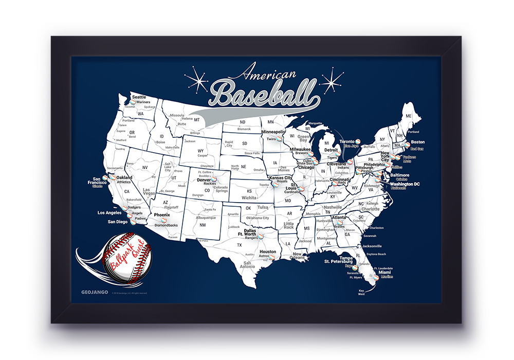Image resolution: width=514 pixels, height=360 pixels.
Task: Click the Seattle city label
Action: click(x=139, y=97)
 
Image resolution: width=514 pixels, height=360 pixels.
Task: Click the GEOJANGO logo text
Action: click(x=92, y=293)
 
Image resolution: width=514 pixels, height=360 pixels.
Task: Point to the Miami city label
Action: click(x=384, y=272)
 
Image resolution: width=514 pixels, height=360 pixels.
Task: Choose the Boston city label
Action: click(x=418, y=142)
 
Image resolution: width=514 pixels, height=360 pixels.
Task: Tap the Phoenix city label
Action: click(x=162, y=214)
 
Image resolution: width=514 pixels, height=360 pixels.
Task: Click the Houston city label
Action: click(x=268, y=251)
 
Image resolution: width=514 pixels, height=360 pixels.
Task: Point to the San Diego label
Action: click(x=117, y=222)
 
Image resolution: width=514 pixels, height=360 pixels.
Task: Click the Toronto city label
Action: click(x=348, y=141)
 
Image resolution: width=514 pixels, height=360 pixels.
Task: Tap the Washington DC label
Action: click(x=405, y=184)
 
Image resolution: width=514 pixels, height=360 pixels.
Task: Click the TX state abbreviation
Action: click(x=239, y=245)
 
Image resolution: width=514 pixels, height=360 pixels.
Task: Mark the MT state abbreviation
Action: click(x=196, y=119)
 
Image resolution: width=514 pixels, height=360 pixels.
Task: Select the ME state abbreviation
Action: click(x=409, y=116)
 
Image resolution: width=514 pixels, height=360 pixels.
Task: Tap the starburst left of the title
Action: click(x=196, y=81)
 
